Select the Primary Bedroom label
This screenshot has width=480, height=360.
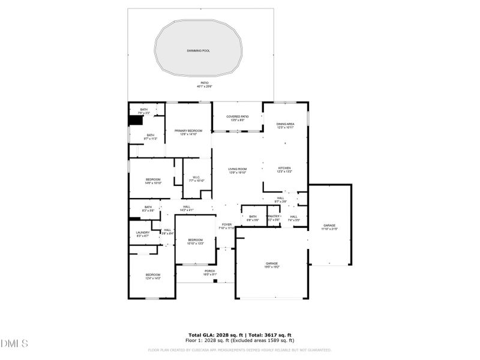click(x=188, y=131)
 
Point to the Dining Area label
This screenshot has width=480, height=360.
click(x=285, y=124)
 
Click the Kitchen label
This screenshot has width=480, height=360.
click(x=284, y=168)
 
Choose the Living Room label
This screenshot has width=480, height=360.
click(x=238, y=169)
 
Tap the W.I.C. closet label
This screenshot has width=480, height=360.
click(x=197, y=177)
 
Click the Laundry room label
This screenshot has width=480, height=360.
click(x=143, y=233)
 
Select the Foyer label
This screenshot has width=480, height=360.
click(x=225, y=225)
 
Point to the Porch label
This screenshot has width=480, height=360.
click(x=209, y=271)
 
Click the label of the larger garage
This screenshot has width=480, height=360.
click(x=272, y=263)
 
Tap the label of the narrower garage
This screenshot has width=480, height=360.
click(x=330, y=225)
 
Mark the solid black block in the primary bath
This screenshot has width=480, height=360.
click(x=135, y=120)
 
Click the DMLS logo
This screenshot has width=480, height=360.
click(x=15, y=344)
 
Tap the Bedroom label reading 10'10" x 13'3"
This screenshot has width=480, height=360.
click(x=196, y=241)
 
